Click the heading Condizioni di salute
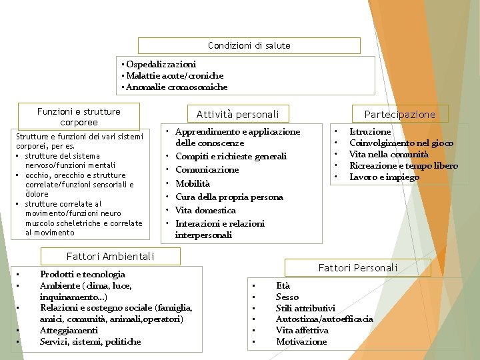point(249,45)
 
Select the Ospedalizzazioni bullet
point(161,64)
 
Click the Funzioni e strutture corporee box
point(79,117)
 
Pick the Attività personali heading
point(238,114)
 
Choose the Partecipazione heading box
point(400,114)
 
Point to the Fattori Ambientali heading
point(111,256)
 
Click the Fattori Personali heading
point(357,267)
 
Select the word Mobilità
point(193,183)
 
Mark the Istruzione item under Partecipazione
point(370,132)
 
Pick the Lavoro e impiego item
point(384,177)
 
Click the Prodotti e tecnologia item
point(83,274)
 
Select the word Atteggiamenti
point(69,330)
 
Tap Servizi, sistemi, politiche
point(90,341)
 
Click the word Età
point(283,285)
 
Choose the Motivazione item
point(301,341)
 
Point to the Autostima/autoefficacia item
point(324,319)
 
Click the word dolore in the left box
point(37,194)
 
